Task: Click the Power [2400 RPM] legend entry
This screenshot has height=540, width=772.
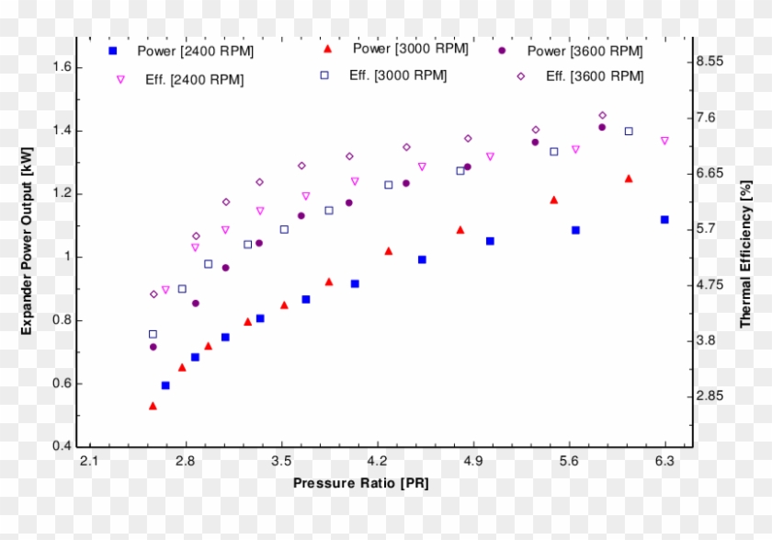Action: click(x=175, y=52)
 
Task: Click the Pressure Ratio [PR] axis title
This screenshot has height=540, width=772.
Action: click(x=360, y=483)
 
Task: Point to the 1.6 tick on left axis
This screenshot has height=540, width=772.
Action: click(x=63, y=67)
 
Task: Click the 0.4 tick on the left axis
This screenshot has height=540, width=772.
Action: click(x=63, y=447)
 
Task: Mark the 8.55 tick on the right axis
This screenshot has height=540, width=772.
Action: click(x=710, y=62)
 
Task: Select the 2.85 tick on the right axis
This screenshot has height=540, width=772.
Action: click(x=710, y=396)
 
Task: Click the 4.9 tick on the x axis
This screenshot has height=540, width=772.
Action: click(x=474, y=460)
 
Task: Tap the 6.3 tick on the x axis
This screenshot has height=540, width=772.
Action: click(x=664, y=460)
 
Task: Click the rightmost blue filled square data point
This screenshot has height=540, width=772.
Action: click(x=664, y=220)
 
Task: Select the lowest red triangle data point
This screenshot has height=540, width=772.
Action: click(x=153, y=406)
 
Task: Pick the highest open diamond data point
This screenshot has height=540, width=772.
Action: click(x=603, y=116)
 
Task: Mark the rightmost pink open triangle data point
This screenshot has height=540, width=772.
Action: click(x=664, y=141)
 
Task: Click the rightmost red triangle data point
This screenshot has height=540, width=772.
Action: click(x=629, y=178)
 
